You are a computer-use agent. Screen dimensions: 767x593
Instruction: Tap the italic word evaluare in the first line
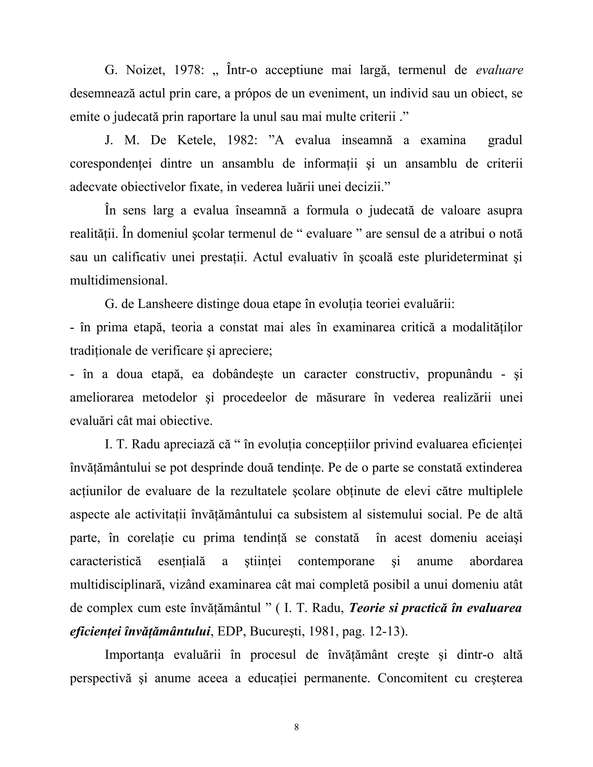499,70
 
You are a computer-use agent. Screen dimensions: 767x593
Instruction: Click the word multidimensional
118,280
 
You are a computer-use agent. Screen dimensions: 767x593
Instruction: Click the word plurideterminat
466,257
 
